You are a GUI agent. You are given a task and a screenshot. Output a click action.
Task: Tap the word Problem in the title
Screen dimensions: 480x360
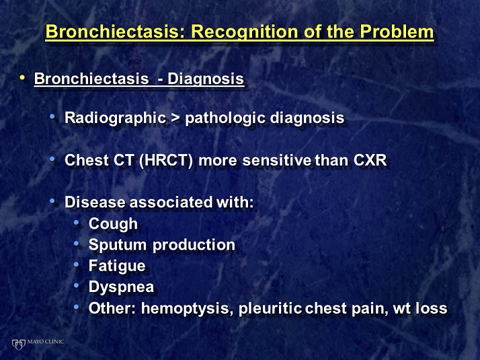397,31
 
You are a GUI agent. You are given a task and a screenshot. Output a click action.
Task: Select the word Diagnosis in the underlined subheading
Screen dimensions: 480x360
206,79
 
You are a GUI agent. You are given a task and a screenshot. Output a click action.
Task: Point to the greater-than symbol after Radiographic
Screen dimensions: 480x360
175,118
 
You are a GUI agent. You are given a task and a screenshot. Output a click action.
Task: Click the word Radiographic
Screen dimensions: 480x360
116,118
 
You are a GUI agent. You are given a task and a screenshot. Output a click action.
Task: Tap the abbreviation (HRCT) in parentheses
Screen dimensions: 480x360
166,160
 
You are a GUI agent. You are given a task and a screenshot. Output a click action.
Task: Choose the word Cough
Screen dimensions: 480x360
113,224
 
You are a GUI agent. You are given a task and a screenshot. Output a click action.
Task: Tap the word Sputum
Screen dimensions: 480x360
118,246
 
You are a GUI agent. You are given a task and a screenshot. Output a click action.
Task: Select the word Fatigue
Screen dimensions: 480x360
117,266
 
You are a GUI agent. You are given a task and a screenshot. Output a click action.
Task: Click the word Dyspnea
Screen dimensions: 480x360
121,287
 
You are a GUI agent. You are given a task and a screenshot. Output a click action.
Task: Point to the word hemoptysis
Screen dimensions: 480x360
186,309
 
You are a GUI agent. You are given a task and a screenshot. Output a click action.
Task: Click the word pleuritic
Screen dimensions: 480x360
270,309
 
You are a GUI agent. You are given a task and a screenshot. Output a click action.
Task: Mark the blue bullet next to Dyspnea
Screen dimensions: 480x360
77,285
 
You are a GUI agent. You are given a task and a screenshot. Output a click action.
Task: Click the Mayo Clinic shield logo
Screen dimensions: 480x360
18,345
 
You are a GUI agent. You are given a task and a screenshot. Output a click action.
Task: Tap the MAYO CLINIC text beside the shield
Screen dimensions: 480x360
46,342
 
